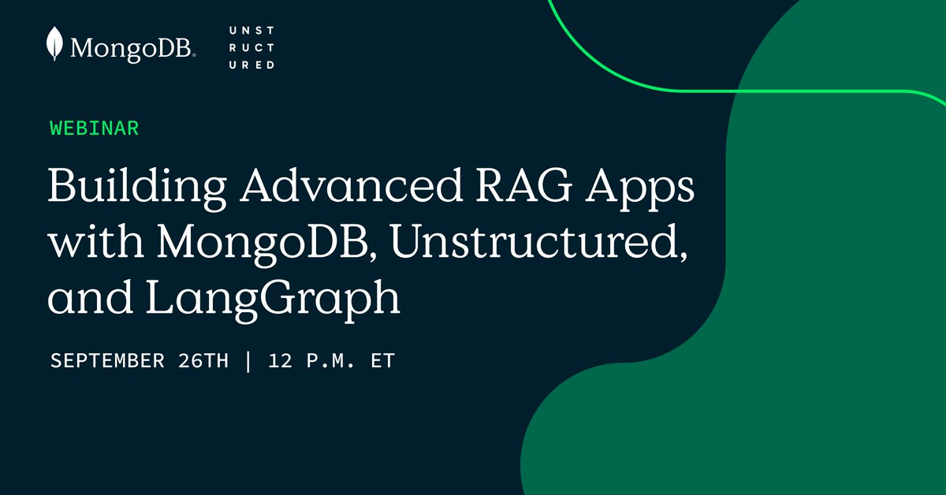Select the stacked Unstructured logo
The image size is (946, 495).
click(x=251, y=47)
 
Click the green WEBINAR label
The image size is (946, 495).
click(x=95, y=128)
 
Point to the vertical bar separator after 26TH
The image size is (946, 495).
click(x=249, y=361)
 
